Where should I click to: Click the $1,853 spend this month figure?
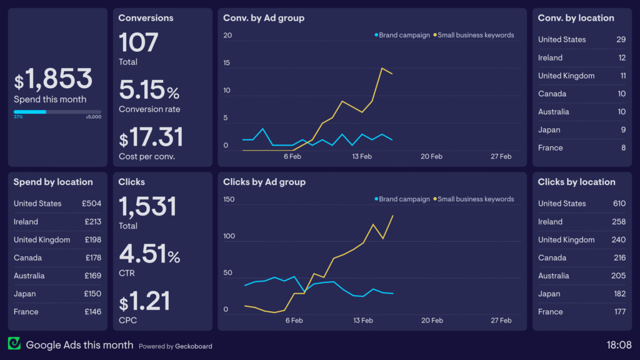54,79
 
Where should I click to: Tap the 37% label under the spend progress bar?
18,117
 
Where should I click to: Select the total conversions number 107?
138,42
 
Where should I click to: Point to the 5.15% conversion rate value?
149,91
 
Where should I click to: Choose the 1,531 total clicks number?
147,206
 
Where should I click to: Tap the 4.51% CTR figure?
149,254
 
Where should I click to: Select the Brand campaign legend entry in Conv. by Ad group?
402,35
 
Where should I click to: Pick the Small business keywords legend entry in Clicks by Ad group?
473,199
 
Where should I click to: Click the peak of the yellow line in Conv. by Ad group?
382,68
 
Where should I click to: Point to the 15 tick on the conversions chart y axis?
227,63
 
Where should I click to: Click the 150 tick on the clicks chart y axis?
229,200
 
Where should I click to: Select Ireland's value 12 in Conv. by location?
622,57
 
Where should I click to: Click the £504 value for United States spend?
91,204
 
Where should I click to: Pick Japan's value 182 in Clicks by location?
619,294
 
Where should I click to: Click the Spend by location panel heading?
53,182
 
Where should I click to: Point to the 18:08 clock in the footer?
619,344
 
